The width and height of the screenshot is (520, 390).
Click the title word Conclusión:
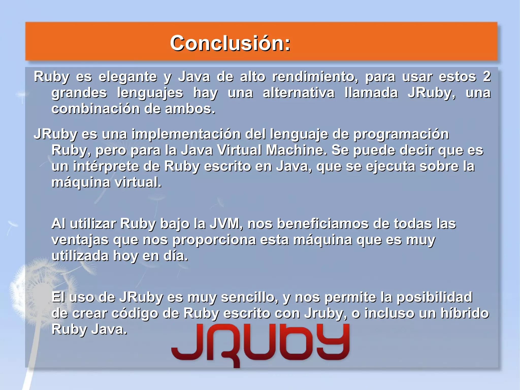[230, 43]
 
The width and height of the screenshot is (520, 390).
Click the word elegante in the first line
[128, 77]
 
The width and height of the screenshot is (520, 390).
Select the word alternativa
[299, 93]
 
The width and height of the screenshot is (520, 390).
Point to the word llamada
[371, 93]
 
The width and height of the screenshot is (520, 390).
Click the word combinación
[95, 109]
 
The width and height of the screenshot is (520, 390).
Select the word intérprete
[106, 166]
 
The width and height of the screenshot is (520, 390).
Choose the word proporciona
[214, 240]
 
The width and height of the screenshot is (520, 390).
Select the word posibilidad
[434, 297]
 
